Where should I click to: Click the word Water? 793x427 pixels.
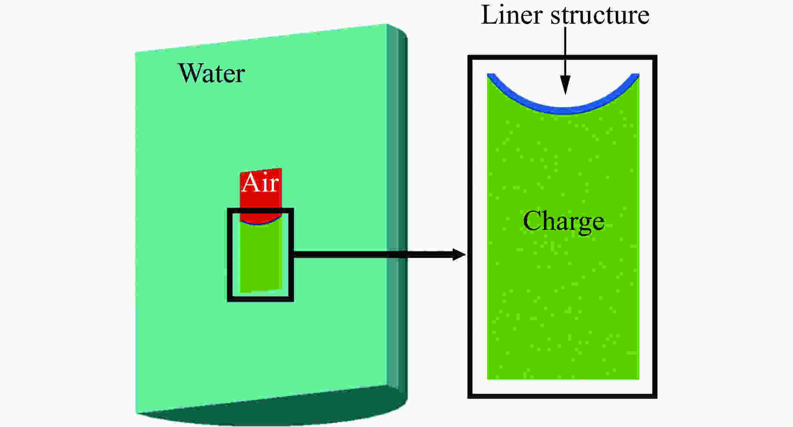pyautogui.click(x=211, y=73)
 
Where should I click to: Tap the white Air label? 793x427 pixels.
pyautogui.click(x=260, y=183)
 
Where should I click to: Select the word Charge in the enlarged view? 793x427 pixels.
pyautogui.click(x=563, y=222)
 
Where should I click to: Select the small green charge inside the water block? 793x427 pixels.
pyautogui.click(x=260, y=258)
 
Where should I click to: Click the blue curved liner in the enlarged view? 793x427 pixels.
pyautogui.click(x=563, y=110)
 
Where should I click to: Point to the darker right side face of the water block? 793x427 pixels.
pyautogui.click(x=397, y=207)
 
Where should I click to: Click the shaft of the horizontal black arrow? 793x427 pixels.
pyautogui.click(x=370, y=254)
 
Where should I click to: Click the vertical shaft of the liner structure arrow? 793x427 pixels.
pyautogui.click(x=565, y=52)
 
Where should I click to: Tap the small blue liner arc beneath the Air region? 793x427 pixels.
pyautogui.click(x=260, y=224)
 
